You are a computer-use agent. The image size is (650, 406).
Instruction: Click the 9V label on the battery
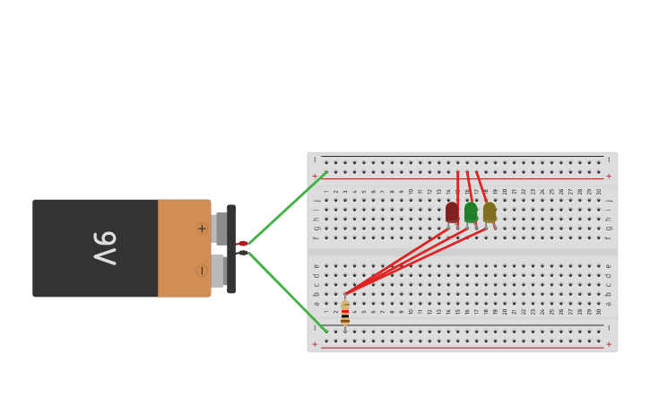point(105,247)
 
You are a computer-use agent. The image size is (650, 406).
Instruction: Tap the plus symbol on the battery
point(202,229)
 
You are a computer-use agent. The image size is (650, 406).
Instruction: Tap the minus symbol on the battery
point(202,270)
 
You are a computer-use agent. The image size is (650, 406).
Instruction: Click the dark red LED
point(452,212)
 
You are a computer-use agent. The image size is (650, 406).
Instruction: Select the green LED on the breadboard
point(471,212)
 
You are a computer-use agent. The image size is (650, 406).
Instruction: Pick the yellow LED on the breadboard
point(490,212)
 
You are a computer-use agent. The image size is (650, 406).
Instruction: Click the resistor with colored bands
point(345,313)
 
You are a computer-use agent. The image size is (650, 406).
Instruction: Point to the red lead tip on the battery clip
point(242,243)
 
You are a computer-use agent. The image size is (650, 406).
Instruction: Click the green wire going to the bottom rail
point(287,291)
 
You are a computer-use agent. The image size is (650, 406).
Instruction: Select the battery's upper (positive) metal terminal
point(220,228)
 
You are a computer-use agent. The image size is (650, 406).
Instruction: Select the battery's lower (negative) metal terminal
point(218,270)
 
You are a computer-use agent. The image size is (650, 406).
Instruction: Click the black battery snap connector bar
point(231,249)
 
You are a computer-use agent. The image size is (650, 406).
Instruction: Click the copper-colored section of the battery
point(184,248)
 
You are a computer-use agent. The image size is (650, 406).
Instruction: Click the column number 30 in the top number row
point(599,191)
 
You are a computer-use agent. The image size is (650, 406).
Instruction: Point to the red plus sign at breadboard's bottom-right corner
point(609,344)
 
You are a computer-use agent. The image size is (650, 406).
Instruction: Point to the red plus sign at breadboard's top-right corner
point(609,176)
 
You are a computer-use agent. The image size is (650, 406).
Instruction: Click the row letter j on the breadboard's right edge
point(608,201)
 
